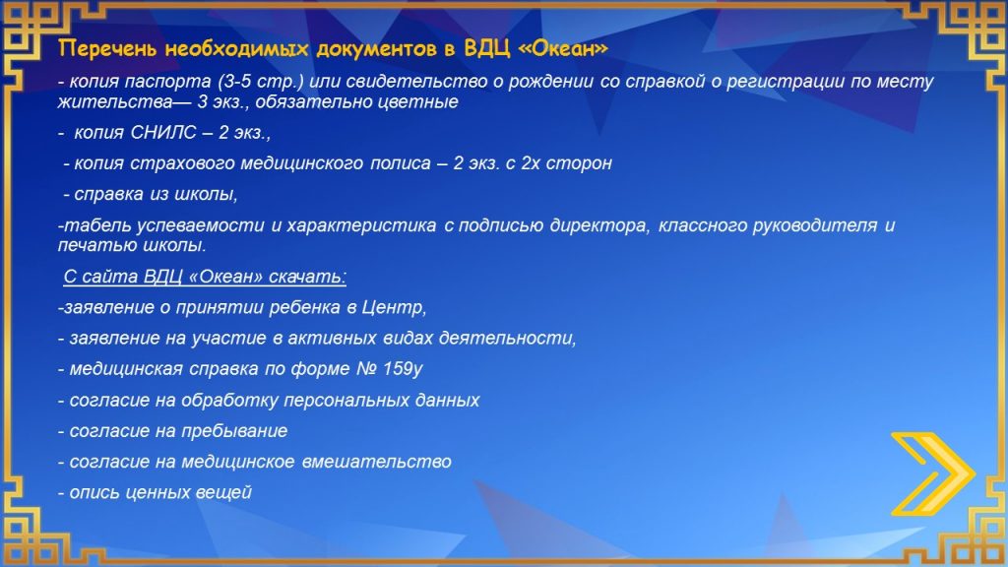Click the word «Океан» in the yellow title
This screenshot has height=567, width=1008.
coord(562,49)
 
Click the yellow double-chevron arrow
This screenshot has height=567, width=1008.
coord(933,473)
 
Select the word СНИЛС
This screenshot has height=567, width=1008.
coord(163,133)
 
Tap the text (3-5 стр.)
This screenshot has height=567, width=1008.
coord(260,82)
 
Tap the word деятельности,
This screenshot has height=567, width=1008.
coord(507,339)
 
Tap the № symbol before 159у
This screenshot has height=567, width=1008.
coord(366,369)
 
